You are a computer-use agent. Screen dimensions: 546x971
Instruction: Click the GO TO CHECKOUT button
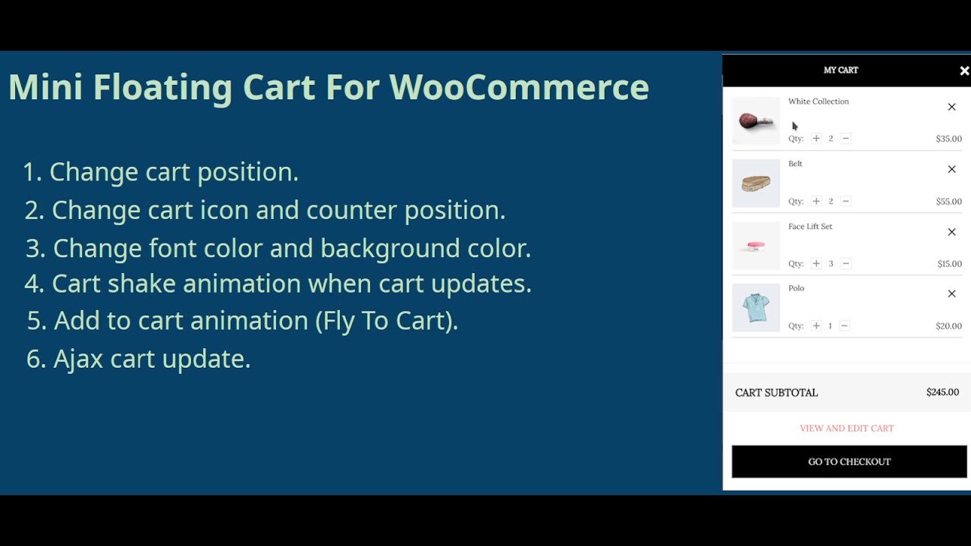849,461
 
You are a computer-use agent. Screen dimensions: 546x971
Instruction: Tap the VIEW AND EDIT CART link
847,428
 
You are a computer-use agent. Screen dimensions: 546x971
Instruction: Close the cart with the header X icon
964,71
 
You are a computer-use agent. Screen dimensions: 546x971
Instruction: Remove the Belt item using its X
951,169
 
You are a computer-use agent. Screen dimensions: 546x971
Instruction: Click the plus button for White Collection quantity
816,139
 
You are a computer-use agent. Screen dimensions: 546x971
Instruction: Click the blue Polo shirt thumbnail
756,308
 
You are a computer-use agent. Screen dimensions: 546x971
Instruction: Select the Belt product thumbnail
756,184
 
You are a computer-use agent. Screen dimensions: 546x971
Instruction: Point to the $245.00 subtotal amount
942,392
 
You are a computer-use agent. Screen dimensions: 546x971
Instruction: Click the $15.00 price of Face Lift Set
949,264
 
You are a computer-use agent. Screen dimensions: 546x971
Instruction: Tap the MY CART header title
841,70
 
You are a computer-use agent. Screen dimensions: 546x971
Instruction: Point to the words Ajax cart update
152,358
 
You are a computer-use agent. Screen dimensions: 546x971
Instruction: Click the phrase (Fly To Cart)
387,321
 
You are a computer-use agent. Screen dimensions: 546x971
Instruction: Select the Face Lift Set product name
809,226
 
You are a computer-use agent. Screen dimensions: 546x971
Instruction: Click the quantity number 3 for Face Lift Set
831,264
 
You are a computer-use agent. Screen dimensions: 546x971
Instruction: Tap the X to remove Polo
951,293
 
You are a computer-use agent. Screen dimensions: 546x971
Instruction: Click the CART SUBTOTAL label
776,392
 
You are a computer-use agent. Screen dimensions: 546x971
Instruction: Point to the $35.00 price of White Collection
948,139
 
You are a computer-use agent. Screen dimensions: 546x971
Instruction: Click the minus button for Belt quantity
846,201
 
